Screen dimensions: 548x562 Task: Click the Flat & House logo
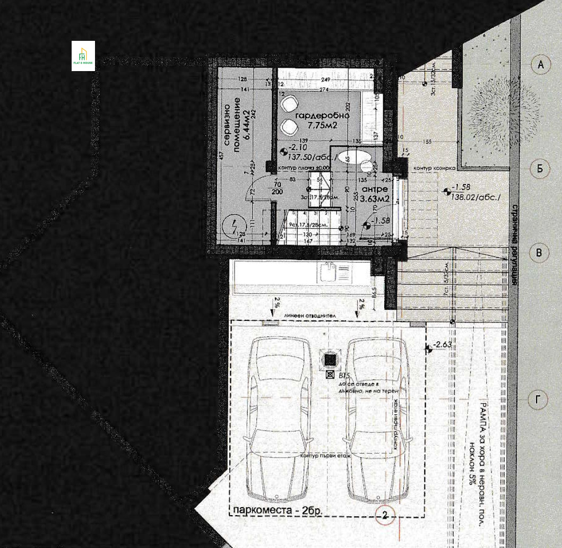tap(83, 56)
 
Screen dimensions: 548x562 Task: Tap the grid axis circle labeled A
tap(540, 65)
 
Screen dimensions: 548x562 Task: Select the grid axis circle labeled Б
tap(540, 169)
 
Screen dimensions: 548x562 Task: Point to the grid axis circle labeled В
tap(539, 253)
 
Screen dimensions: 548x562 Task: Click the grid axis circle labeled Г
tap(539, 401)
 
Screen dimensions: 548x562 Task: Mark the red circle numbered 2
tap(385, 514)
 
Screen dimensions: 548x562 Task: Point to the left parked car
tap(280, 419)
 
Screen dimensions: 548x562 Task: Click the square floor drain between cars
tap(331, 360)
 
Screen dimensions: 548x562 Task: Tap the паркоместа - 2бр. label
tap(276, 511)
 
